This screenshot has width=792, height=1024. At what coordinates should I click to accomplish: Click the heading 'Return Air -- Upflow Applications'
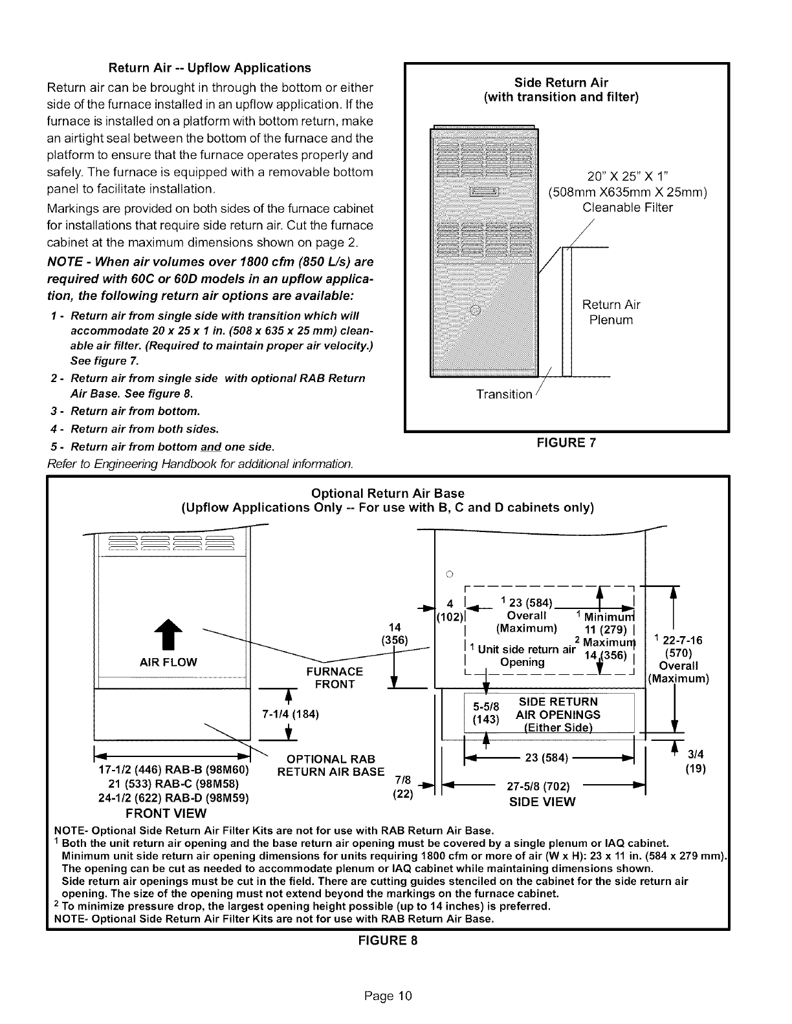point(209,68)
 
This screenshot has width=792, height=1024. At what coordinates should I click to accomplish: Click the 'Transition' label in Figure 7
point(505,394)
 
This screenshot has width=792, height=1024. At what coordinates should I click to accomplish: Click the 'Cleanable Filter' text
point(627,208)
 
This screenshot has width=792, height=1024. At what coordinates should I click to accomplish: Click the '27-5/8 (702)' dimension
point(547,787)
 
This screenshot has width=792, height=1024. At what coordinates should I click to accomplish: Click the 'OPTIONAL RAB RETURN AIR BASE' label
point(331,765)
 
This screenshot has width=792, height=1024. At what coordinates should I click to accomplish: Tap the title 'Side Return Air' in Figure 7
point(561,82)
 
